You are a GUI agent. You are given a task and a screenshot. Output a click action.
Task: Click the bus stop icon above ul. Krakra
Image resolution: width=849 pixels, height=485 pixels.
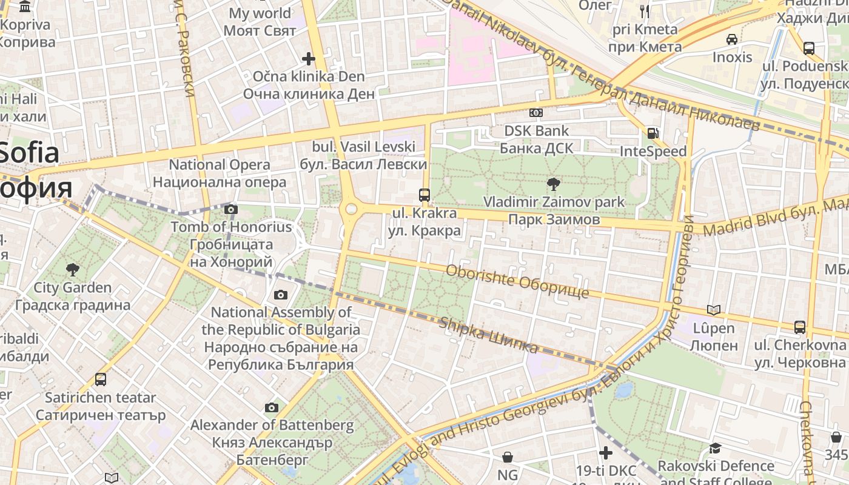point(424,195)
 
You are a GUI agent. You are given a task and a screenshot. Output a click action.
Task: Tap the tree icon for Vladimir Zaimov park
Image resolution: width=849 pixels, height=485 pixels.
point(553,184)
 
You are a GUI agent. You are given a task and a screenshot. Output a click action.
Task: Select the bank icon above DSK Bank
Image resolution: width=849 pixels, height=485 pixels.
point(535,113)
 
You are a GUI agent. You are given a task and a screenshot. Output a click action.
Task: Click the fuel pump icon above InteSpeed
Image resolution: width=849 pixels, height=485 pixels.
point(653,133)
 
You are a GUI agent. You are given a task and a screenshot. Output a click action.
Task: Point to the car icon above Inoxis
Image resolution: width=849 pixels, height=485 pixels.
point(732,39)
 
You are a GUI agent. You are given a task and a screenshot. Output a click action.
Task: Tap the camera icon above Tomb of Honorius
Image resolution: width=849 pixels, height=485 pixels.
point(230,210)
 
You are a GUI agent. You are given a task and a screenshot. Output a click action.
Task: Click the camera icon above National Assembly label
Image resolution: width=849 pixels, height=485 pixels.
point(280,295)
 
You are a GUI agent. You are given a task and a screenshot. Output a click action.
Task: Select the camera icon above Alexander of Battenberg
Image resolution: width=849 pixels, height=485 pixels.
point(272,407)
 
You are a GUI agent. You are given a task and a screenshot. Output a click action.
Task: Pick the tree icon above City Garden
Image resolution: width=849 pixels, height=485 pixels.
point(73,270)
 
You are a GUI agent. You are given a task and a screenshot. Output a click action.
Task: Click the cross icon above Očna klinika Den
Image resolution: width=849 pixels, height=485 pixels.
point(309,59)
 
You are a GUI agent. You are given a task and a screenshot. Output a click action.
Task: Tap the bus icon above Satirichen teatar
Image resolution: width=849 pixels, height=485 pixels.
point(101,380)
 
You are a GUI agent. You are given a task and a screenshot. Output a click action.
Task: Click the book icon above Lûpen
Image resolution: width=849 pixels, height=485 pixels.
point(714,310)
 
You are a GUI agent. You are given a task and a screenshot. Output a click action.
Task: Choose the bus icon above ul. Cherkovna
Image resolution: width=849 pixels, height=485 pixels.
point(800,327)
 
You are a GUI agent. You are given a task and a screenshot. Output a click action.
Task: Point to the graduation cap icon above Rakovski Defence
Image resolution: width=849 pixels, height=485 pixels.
point(716,448)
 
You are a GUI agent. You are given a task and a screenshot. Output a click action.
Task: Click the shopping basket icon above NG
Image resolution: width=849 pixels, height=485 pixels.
point(508,457)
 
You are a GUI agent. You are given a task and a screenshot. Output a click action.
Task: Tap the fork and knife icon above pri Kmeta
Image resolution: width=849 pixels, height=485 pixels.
point(644,11)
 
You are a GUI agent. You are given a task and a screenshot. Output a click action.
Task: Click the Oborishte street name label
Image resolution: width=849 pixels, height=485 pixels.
point(517,281)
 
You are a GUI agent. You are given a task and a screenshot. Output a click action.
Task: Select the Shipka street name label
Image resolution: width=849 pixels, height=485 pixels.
point(489,335)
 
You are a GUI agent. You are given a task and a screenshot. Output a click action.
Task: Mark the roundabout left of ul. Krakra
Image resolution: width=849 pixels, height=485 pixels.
point(351,209)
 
